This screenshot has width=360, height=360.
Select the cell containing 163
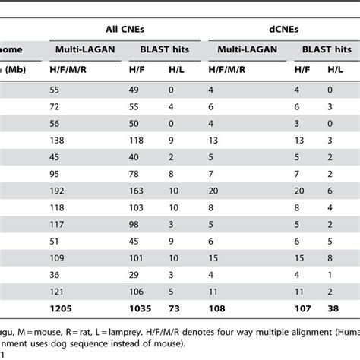134,189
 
